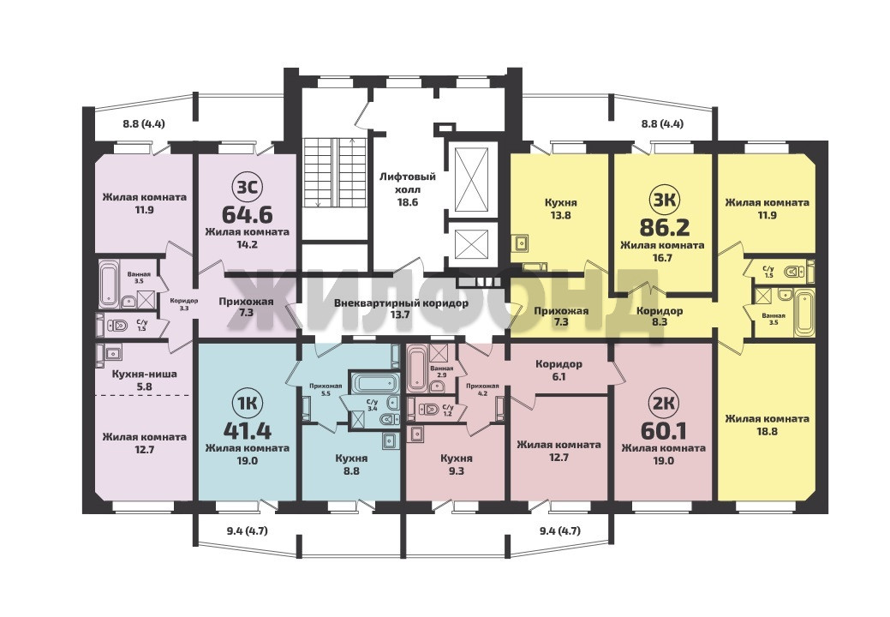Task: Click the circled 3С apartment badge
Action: coord(247,187)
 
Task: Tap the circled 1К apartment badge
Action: coord(247,403)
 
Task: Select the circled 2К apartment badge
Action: coord(664,403)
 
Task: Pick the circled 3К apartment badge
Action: coord(664,199)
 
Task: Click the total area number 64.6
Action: coord(247,215)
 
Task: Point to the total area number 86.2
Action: coord(664,228)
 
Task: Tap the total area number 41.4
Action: coord(247,431)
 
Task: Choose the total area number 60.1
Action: coord(664,431)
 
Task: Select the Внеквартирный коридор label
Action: coord(401,308)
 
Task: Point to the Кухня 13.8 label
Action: coord(561,208)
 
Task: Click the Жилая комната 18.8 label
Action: coord(767,424)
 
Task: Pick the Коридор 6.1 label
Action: coord(558,370)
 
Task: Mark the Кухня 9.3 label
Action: coord(457,464)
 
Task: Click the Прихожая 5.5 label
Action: coord(326,390)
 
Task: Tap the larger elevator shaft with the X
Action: coord(472,179)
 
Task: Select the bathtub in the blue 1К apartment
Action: coord(369,382)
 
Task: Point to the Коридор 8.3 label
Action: coord(660,316)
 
